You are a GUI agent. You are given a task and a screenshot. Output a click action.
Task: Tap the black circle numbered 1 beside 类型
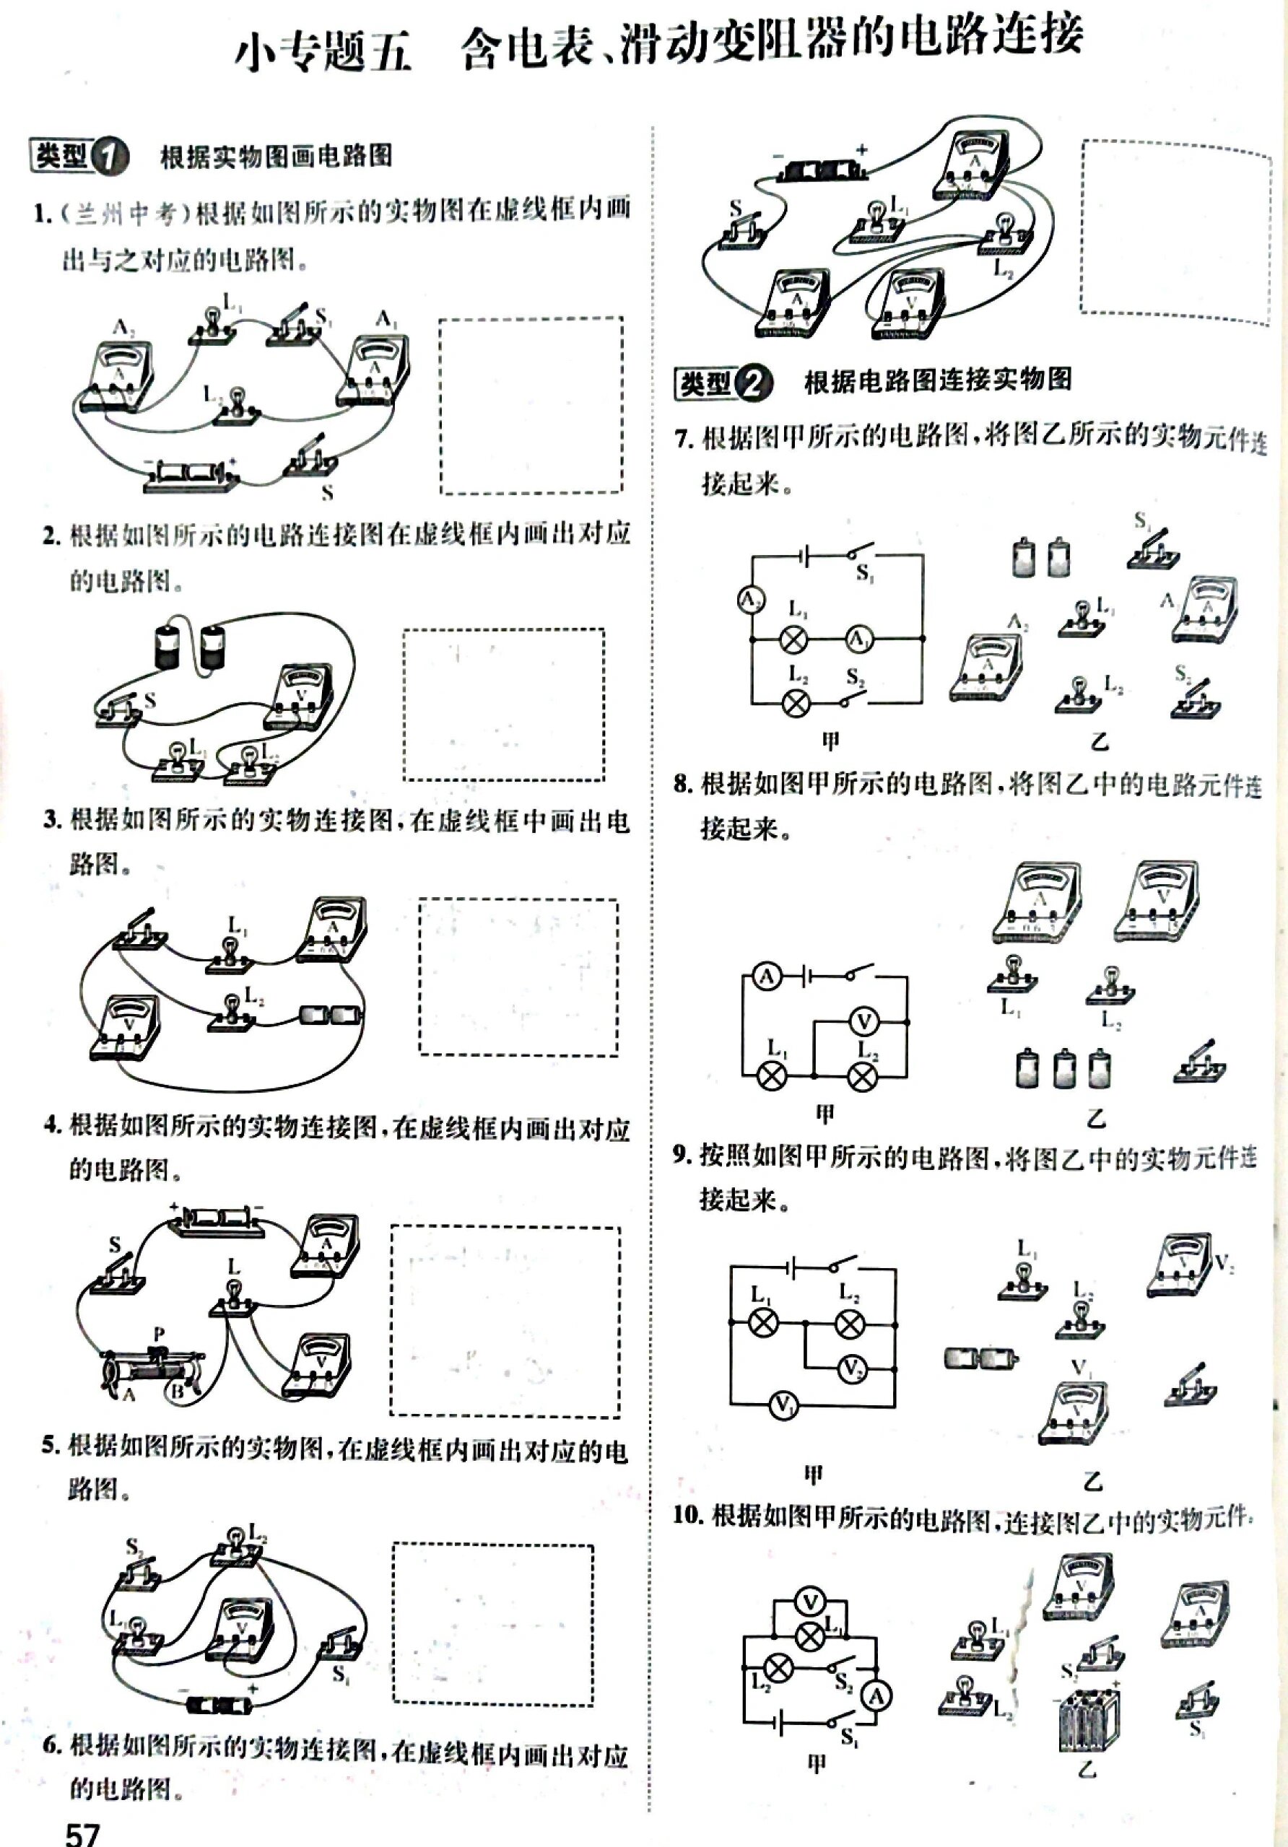110,156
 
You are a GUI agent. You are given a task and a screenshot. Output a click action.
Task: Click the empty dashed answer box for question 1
531,406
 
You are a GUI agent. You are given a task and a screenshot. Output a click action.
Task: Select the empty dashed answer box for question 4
505,1321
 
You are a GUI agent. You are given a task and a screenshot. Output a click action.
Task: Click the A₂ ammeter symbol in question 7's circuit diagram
752,599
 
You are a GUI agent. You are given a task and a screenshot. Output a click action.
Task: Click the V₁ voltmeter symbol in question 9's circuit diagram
783,1405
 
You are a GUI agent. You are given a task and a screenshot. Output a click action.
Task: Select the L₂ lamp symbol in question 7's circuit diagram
796,702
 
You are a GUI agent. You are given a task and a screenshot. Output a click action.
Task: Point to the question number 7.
683,440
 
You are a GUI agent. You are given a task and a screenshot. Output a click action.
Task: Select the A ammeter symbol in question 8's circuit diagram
767,977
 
